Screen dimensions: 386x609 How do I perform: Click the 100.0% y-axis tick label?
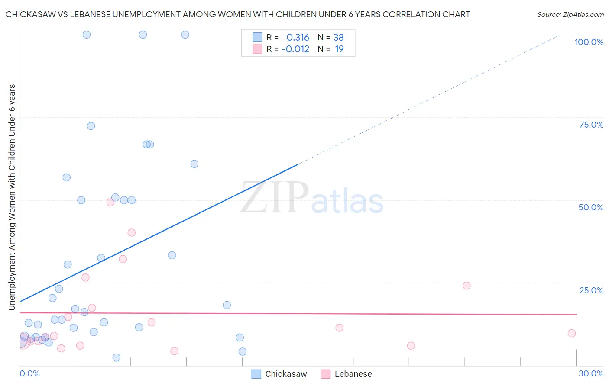click(589, 42)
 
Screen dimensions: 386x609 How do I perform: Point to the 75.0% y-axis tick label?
click(591, 125)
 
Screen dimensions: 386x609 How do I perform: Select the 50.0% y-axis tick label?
click(591, 207)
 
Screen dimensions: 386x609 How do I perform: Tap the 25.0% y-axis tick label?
click(591, 290)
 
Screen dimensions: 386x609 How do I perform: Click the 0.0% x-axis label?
click(29, 373)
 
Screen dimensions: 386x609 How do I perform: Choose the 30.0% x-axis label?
click(591, 373)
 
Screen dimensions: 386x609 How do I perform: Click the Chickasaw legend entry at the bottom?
click(279, 374)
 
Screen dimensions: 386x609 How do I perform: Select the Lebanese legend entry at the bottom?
click(347, 374)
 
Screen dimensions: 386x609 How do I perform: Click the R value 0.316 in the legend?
click(298, 38)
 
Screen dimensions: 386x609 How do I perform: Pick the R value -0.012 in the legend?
click(295, 49)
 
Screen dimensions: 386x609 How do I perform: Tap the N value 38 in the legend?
click(338, 38)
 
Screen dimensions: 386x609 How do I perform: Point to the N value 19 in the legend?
click(339, 49)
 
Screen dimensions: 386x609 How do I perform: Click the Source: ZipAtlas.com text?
click(570, 15)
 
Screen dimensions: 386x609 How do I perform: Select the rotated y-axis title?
click(12, 197)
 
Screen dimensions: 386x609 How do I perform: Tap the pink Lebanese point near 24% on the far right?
click(466, 286)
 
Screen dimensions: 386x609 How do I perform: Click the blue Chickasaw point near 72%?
click(91, 126)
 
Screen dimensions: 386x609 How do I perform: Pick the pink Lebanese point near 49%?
click(110, 202)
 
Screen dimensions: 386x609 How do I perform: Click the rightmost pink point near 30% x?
click(572, 333)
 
